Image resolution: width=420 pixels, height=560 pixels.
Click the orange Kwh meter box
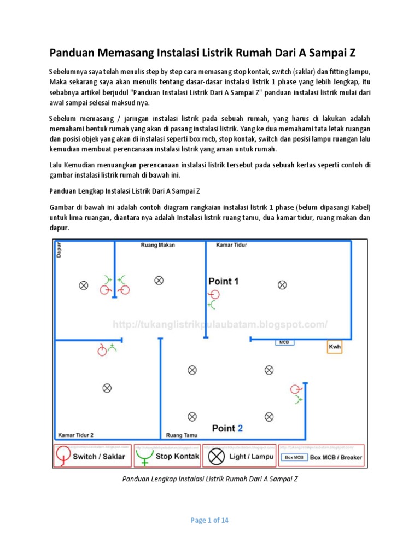pyautogui.click(x=334, y=347)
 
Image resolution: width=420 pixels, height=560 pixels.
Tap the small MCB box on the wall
pyautogui.click(x=284, y=343)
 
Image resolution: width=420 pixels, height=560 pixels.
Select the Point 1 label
pyautogui.click(x=224, y=281)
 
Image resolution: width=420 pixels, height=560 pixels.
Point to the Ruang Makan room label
pyautogui.click(x=158, y=245)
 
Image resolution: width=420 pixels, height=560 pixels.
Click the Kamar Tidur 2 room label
pyautogui.click(x=75, y=435)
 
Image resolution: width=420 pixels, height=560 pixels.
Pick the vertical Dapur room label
pyautogui.click(x=59, y=250)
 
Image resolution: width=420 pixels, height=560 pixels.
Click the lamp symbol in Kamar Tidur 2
pyautogui.click(x=107, y=388)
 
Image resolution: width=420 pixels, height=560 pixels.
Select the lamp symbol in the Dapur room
pyautogui.click(x=84, y=285)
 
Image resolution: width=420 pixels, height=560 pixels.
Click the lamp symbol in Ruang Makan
pyautogui.click(x=159, y=280)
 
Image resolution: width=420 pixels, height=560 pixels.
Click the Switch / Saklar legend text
pyautogui.click(x=99, y=457)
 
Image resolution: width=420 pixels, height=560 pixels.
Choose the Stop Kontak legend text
pyautogui.click(x=178, y=456)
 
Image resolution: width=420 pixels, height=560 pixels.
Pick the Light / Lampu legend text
pyautogui.click(x=252, y=456)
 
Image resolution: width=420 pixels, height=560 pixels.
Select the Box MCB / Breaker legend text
pyautogui.click(x=336, y=457)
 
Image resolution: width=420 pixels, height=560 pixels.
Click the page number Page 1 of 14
pyautogui.click(x=209, y=520)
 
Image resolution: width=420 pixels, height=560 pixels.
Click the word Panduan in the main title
pyautogui.click(x=74, y=53)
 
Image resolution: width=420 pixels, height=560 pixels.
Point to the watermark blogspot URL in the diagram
pyautogui.click(x=220, y=325)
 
